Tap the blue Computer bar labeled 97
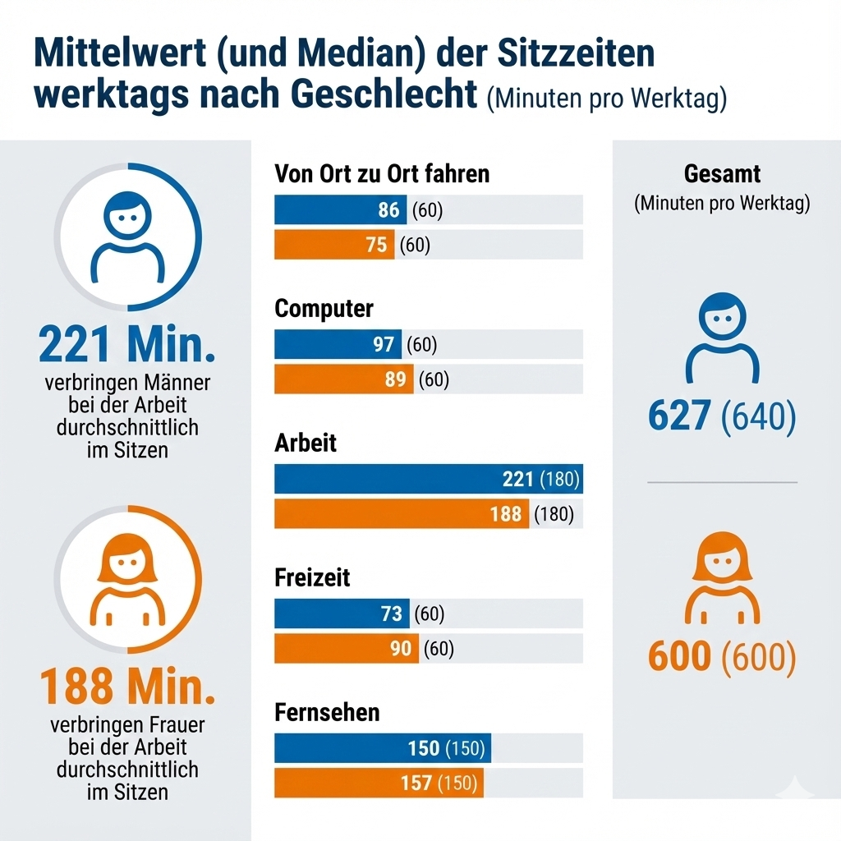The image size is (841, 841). [x=338, y=345]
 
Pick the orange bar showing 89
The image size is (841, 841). [x=343, y=379]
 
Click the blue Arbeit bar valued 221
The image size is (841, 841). [x=427, y=480]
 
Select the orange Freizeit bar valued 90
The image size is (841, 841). [x=346, y=649]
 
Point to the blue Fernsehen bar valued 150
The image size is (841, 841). [x=382, y=749]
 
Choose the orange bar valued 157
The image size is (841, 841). [x=379, y=784]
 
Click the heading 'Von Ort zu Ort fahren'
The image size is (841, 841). [x=382, y=174]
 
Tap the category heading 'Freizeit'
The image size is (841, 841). [x=312, y=577]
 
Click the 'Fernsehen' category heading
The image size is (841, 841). [x=327, y=712]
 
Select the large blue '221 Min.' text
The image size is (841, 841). [x=127, y=346]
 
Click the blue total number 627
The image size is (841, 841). [x=678, y=416]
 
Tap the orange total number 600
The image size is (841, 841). [x=678, y=656]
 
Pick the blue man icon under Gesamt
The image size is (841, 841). [x=723, y=338]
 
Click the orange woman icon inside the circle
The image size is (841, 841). [x=127, y=575]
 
